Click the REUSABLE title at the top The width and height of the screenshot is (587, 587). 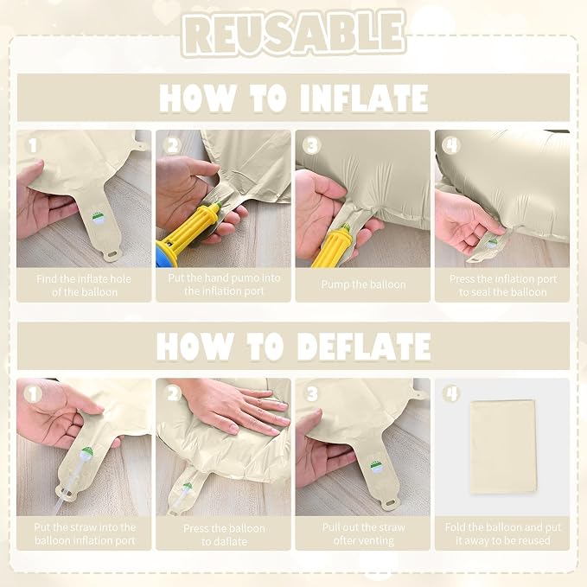(294, 33)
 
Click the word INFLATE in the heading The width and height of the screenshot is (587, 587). (364, 99)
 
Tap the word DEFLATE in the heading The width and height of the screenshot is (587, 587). (364, 347)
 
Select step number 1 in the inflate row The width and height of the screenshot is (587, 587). (33, 145)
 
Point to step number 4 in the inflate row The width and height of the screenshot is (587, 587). (451, 145)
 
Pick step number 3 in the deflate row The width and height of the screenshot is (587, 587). (312, 394)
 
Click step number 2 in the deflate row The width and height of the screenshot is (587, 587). (173, 394)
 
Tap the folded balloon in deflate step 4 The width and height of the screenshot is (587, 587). (502, 446)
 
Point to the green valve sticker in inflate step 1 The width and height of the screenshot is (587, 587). (99, 219)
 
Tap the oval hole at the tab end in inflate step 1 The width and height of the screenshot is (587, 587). (112, 254)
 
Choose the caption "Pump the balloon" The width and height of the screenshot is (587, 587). (363, 284)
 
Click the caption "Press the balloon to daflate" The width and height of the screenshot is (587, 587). (224, 535)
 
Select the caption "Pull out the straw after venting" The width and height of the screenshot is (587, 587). (363, 534)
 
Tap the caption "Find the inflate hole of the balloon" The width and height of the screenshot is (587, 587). (84, 285)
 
